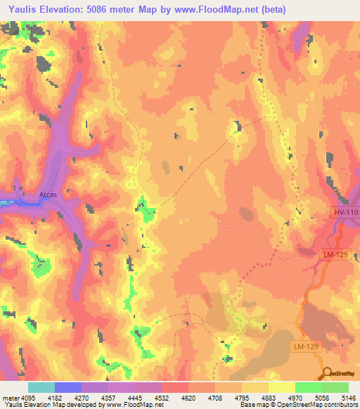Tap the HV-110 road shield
[345, 212]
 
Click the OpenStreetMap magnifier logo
[328, 373]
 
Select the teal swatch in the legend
[41, 387]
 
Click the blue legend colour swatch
[68, 387]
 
